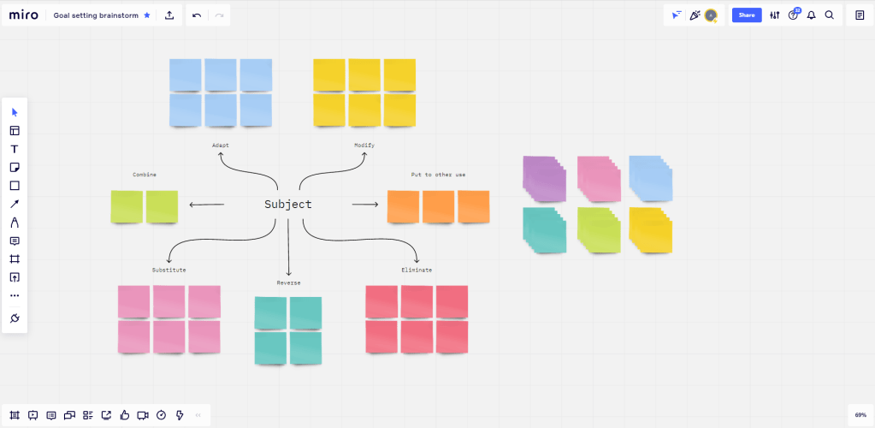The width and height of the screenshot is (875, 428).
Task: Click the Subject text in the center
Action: coord(287,205)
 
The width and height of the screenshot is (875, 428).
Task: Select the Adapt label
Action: coord(221,146)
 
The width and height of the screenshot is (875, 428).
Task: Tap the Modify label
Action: coord(364,146)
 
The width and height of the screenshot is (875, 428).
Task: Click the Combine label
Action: coord(145,175)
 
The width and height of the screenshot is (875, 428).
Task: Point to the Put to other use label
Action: coord(438,175)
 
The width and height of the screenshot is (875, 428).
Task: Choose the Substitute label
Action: coord(169,270)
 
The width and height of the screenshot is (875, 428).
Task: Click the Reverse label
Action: coord(288,282)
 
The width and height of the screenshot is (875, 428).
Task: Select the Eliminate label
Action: coord(417,270)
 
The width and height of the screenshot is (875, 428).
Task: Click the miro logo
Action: coord(23,15)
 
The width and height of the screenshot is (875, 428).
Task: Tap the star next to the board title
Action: coord(147,15)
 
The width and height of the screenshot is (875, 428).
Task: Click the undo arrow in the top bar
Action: coord(197,15)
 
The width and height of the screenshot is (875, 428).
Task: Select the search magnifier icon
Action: coord(829,15)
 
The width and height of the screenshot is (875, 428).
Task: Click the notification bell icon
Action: coord(811,15)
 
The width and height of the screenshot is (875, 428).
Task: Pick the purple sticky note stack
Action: coord(544,180)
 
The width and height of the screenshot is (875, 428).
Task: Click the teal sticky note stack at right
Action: coord(544,229)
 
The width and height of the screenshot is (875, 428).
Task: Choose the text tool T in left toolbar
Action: coord(15,149)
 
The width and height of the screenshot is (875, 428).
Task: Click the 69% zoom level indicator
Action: coord(860,414)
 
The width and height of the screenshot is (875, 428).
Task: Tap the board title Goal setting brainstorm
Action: coord(96,15)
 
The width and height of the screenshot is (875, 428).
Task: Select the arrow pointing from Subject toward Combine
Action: coord(206,205)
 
